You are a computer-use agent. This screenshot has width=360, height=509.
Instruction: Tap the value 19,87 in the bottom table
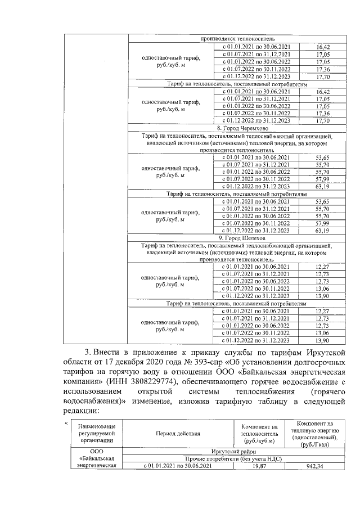[260, 466]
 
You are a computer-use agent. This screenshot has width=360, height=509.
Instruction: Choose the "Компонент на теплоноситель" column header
[259, 434]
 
